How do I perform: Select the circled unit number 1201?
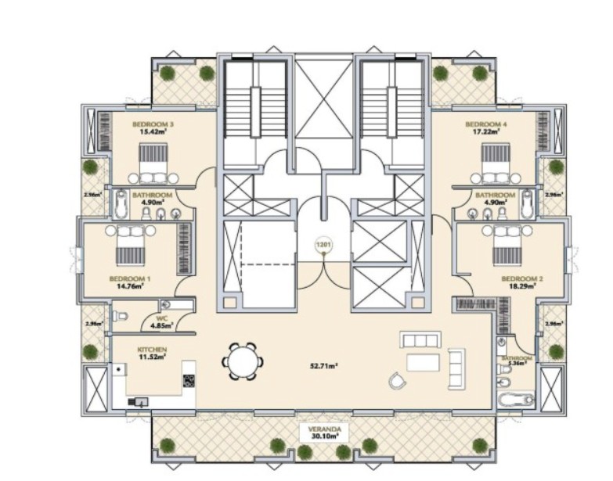323,245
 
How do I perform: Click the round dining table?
240,362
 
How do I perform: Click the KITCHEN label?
153,350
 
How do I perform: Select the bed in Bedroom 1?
129,248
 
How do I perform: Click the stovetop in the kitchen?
189,381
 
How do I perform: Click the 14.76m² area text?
125,286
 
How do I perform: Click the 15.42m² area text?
153,132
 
